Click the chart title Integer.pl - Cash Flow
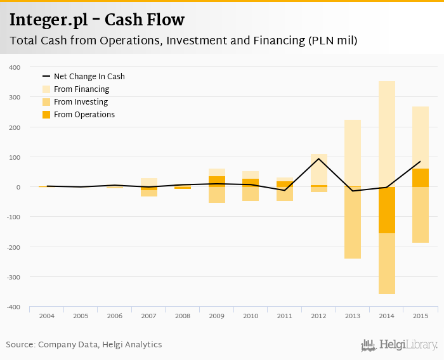click(97, 20)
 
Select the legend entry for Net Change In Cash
click(89, 77)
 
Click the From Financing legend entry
click(81, 89)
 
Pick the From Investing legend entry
click(81, 102)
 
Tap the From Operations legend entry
click(84, 115)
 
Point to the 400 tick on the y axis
click(15, 67)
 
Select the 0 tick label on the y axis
click(18, 187)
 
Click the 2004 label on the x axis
click(46, 315)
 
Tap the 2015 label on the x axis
click(421, 315)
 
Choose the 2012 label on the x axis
click(318, 315)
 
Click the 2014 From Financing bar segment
click(387, 133)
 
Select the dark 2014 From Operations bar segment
click(387, 210)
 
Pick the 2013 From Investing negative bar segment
click(353, 223)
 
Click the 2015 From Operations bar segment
click(421, 177)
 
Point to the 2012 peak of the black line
click(318, 158)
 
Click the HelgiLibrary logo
click(399, 345)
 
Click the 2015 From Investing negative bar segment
click(421, 215)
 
